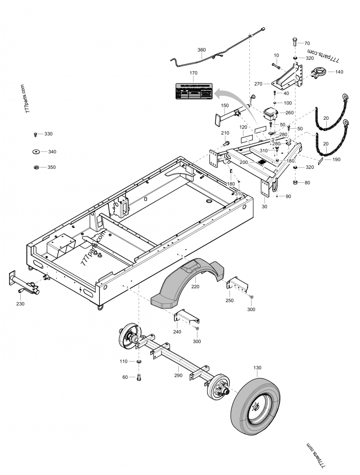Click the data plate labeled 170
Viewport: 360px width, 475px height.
click(194, 91)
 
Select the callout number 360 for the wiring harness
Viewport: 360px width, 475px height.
click(202, 50)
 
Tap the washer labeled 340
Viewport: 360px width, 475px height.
click(36, 152)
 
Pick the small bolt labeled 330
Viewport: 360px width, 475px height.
click(36, 134)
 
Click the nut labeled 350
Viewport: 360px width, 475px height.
click(36, 167)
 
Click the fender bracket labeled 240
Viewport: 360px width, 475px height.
click(186, 317)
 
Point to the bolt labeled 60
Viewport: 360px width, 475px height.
click(139, 377)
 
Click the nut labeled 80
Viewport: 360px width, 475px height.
click(295, 183)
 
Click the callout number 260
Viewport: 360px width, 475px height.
click(289, 113)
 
